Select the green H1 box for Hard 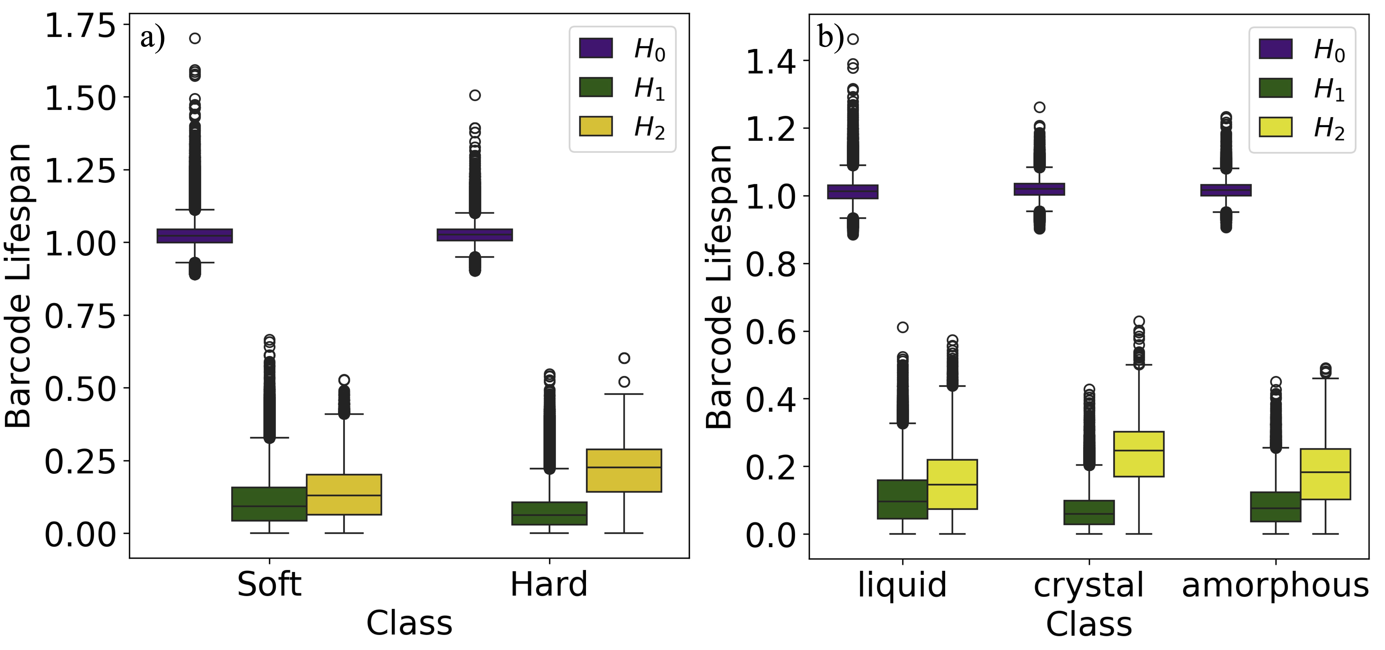coord(549,513)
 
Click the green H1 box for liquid coord(902,499)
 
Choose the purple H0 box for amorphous coord(1226,190)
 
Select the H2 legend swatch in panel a coord(596,126)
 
